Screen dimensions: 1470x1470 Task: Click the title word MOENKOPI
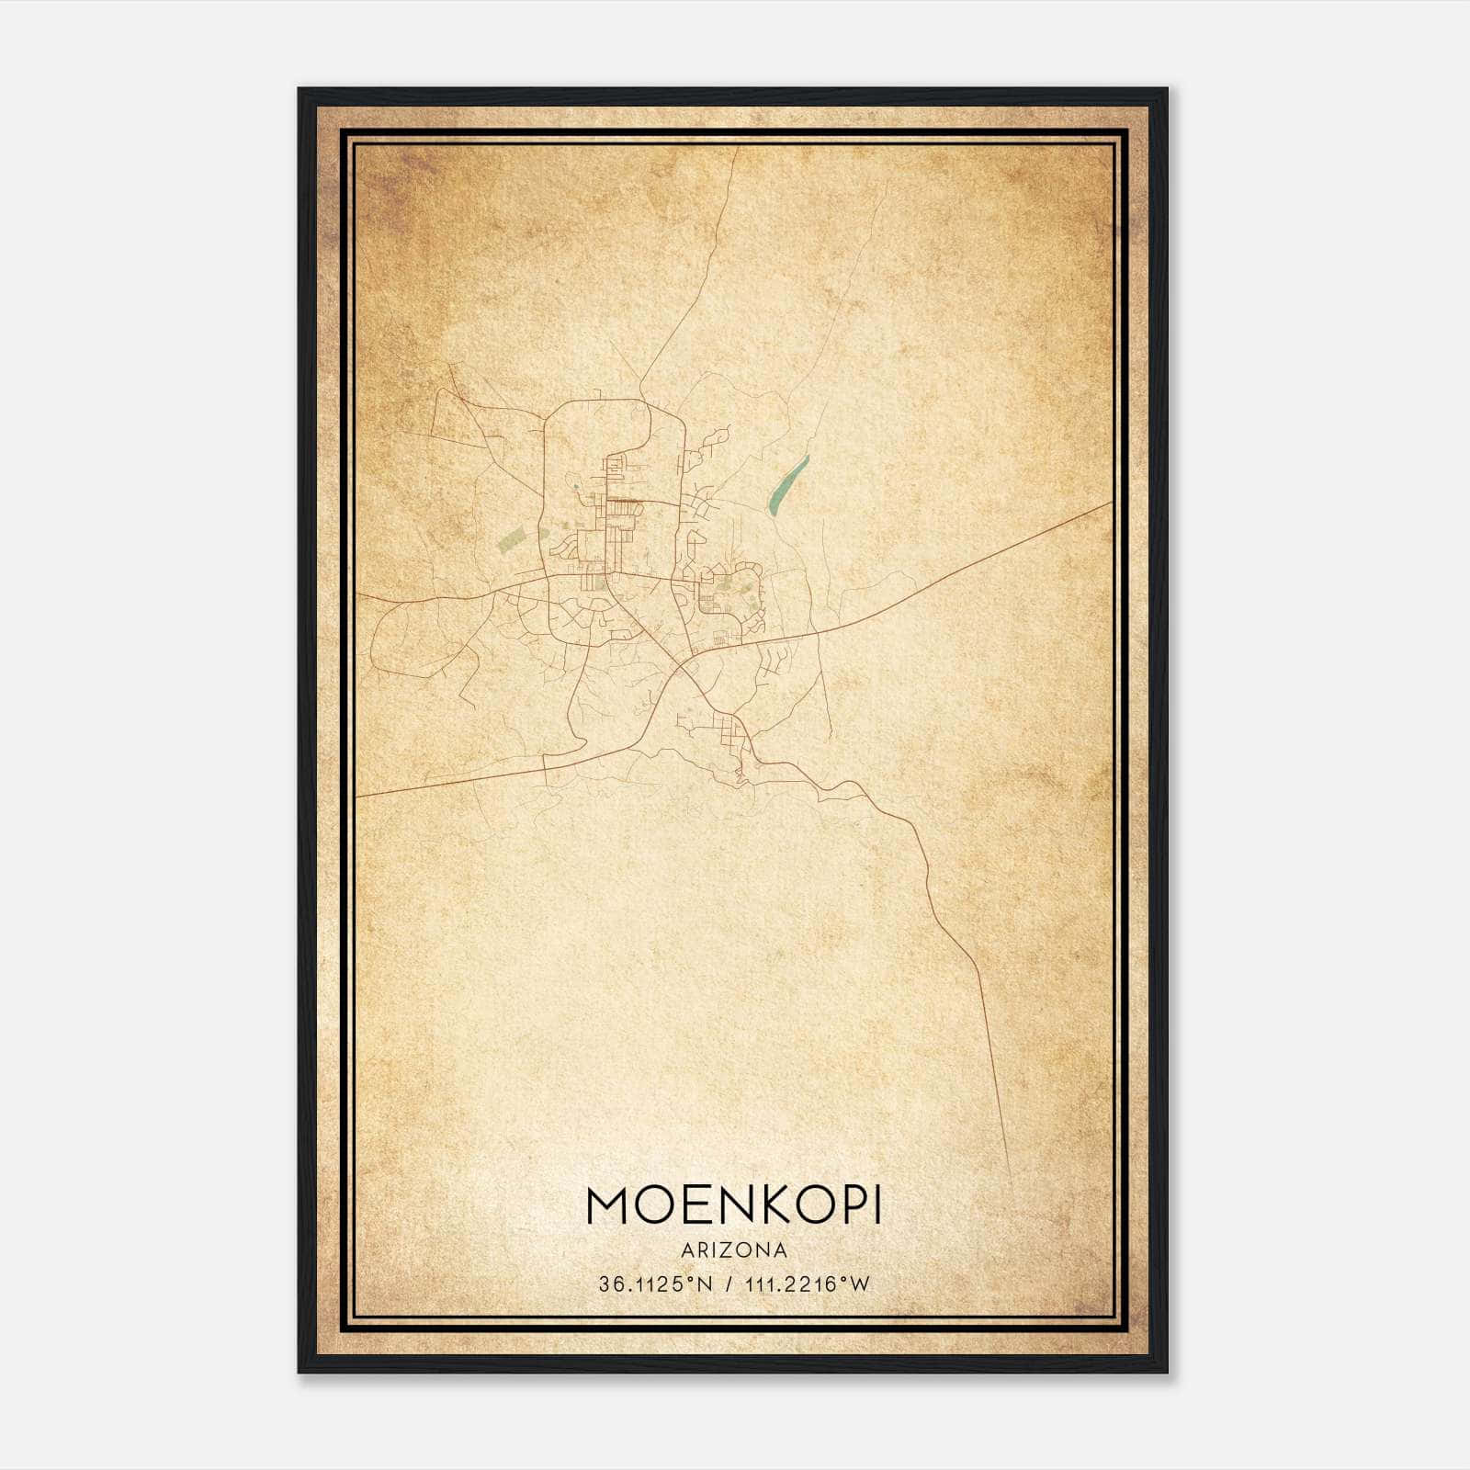(733, 1206)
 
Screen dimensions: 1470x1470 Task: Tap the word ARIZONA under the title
(733, 1250)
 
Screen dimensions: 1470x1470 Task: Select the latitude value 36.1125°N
(655, 1284)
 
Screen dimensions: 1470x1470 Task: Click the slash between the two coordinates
(728, 1284)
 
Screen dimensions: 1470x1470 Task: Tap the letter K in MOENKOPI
(759, 1206)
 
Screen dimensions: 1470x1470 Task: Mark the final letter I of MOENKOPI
(876, 1206)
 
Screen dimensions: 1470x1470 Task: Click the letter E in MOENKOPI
(685, 1206)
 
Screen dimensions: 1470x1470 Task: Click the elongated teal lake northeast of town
(788, 485)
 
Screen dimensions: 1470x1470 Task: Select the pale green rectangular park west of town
(511, 537)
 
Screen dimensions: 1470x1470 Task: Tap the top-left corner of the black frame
(300, 89)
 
